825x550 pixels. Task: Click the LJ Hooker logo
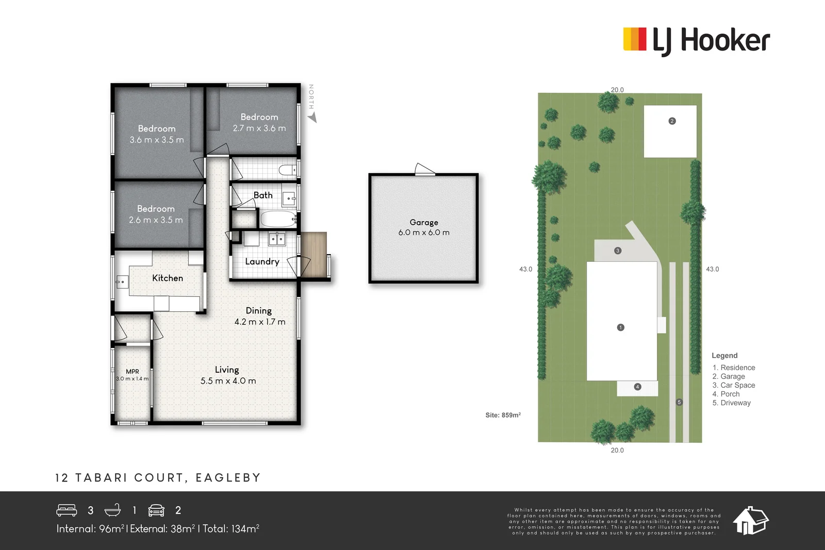[x=696, y=40]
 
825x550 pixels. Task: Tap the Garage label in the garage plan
[x=424, y=222]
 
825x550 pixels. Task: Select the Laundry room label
[x=262, y=261]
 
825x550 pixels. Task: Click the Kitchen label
[x=168, y=278]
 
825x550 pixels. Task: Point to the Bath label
[x=263, y=195]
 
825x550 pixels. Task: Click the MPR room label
[x=133, y=371]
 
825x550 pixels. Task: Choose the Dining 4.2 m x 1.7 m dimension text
[x=260, y=322]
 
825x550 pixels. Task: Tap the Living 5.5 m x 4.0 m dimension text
[x=228, y=381]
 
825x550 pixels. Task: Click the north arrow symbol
[x=312, y=118]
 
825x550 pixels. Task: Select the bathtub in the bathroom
[x=278, y=219]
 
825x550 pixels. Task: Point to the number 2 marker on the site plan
[x=672, y=121]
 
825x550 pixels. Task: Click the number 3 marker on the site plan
[x=618, y=251]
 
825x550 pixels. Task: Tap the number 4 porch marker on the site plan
[x=638, y=387]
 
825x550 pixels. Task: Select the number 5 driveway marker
[x=679, y=402]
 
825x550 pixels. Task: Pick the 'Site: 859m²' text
[x=503, y=415]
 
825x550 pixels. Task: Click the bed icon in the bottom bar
[x=67, y=510]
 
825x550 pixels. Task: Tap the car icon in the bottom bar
[x=156, y=510]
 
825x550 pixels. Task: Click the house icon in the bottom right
[x=750, y=521]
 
